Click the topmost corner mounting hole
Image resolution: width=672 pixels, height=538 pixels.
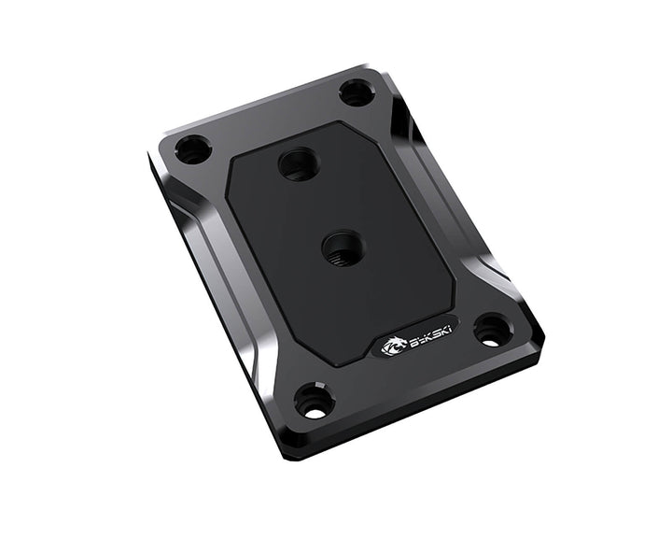pyautogui.click(x=356, y=92)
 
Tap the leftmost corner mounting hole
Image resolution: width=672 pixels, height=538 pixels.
pyautogui.click(x=193, y=149)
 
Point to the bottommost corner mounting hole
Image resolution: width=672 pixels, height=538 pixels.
pyautogui.click(x=314, y=402)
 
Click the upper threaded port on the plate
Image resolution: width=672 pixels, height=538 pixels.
pyautogui.click(x=300, y=165)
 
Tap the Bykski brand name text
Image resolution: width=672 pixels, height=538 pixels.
pyautogui.click(x=418, y=339)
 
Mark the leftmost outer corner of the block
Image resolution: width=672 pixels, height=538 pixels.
pyautogui.click(x=149, y=154)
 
